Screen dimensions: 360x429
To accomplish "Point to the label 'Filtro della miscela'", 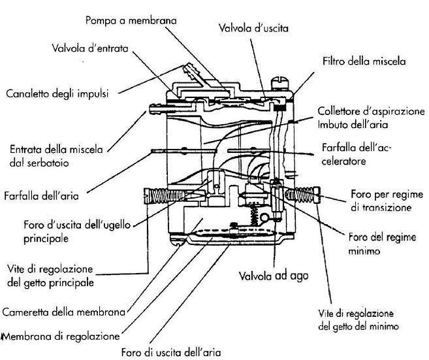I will (x=363, y=62).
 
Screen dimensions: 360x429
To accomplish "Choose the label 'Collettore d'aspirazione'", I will (x=372, y=110).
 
